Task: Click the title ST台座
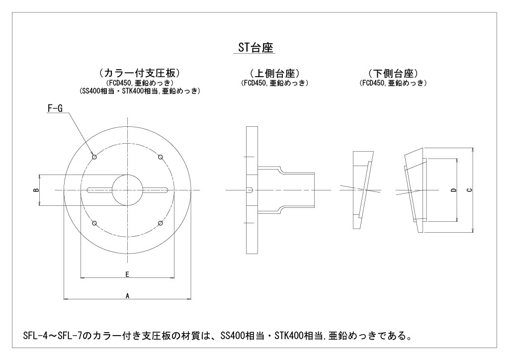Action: pos(254,48)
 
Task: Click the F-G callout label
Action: pos(55,108)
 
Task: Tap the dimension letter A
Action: pos(128,296)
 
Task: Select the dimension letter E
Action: pos(127,274)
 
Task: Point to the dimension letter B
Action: pos(37,190)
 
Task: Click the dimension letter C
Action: pos(469,190)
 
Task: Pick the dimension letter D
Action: pos(454,190)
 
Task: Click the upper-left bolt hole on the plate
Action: pos(94,157)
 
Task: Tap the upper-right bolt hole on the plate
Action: pos(161,157)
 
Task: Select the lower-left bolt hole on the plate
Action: pos(94,223)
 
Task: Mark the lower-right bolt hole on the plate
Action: pos(161,223)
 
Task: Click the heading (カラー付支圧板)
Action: pos(139,73)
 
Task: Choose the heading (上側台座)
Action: pos(274,74)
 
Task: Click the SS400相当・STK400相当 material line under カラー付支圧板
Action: pos(140,91)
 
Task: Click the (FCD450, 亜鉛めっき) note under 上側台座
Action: pos(274,83)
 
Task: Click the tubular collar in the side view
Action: pos(286,190)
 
